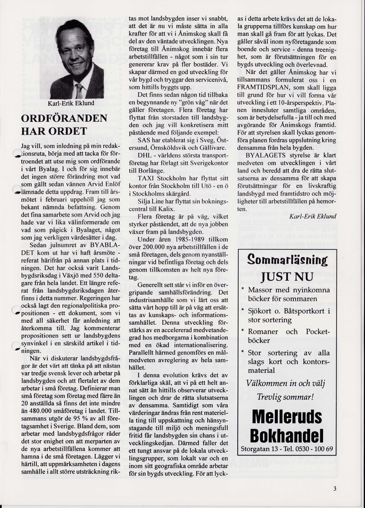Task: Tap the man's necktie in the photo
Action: tap(79, 90)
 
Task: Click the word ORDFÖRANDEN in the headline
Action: tap(64, 119)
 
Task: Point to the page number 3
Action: tap(335, 488)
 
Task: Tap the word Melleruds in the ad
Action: tap(287, 416)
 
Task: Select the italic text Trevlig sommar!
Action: tap(285, 397)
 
